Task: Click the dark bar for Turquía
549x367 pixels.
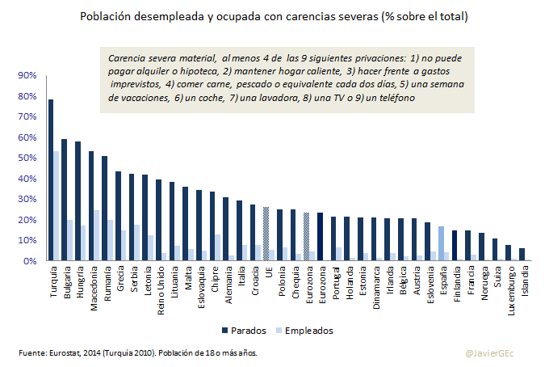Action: (51, 179)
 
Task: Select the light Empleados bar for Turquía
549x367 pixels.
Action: (57, 206)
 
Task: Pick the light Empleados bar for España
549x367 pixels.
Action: (441, 243)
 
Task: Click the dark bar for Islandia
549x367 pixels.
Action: (522, 255)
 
